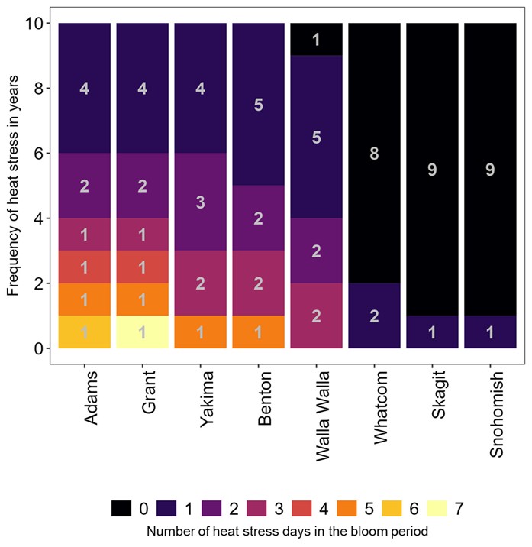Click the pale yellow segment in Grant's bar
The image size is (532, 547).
142,332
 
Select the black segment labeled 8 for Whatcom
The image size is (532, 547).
374,153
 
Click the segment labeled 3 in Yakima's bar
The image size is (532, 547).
200,202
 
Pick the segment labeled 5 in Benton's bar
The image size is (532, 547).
258,104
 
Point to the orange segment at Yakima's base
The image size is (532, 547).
200,332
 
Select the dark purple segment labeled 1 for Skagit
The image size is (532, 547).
432,332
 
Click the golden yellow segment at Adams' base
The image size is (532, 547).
84,332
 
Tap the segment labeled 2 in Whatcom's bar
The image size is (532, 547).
374,316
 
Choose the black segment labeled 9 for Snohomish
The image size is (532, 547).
490,169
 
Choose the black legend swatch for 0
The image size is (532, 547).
122,507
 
